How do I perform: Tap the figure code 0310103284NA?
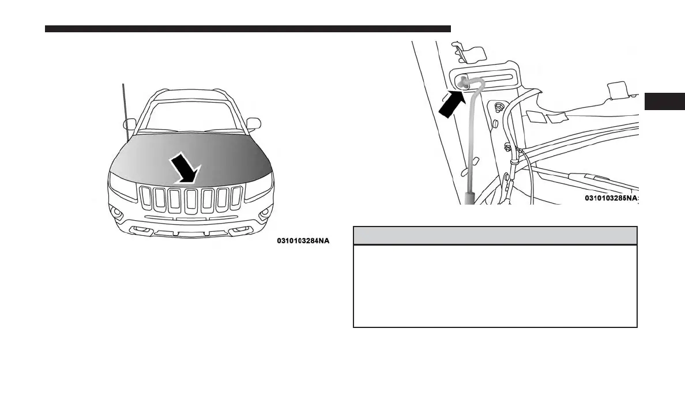pyautogui.click(x=303, y=241)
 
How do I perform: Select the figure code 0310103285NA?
pyautogui.click(x=612, y=198)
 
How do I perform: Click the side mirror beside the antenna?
pyautogui.click(x=130, y=123)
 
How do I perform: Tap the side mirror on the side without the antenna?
pyautogui.click(x=253, y=123)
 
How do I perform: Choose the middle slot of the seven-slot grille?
pyautogui.click(x=191, y=199)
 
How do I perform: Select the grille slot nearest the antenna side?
pyautogui.click(x=146, y=199)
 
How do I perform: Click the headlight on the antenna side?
pyautogui.click(x=122, y=186)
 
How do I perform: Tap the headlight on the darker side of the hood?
pyautogui.click(x=259, y=187)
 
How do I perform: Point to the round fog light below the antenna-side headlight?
pyautogui.click(x=118, y=214)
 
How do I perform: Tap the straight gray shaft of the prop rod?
pyautogui.click(x=471, y=144)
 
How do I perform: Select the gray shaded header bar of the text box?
pyautogui.click(x=495, y=236)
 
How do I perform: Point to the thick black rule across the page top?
pyautogui.click(x=248, y=28)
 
